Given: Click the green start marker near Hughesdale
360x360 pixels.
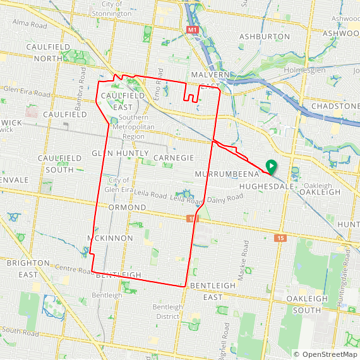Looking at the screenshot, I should pos(270,167).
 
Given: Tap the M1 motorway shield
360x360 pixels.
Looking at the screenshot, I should pos(193,30).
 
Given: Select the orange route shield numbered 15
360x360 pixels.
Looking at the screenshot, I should pos(280,238).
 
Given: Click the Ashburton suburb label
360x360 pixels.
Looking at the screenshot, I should pos(265,37).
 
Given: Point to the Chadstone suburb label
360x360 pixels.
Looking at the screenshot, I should pos(335,106).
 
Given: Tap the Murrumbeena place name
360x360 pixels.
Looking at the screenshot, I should pos(228,173).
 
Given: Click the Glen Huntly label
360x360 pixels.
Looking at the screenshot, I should pos(120,153).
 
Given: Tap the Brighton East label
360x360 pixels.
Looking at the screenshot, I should pos(28,268).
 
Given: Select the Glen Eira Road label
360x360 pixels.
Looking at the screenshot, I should pos(26,93).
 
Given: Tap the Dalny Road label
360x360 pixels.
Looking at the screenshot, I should pos(225,198).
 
